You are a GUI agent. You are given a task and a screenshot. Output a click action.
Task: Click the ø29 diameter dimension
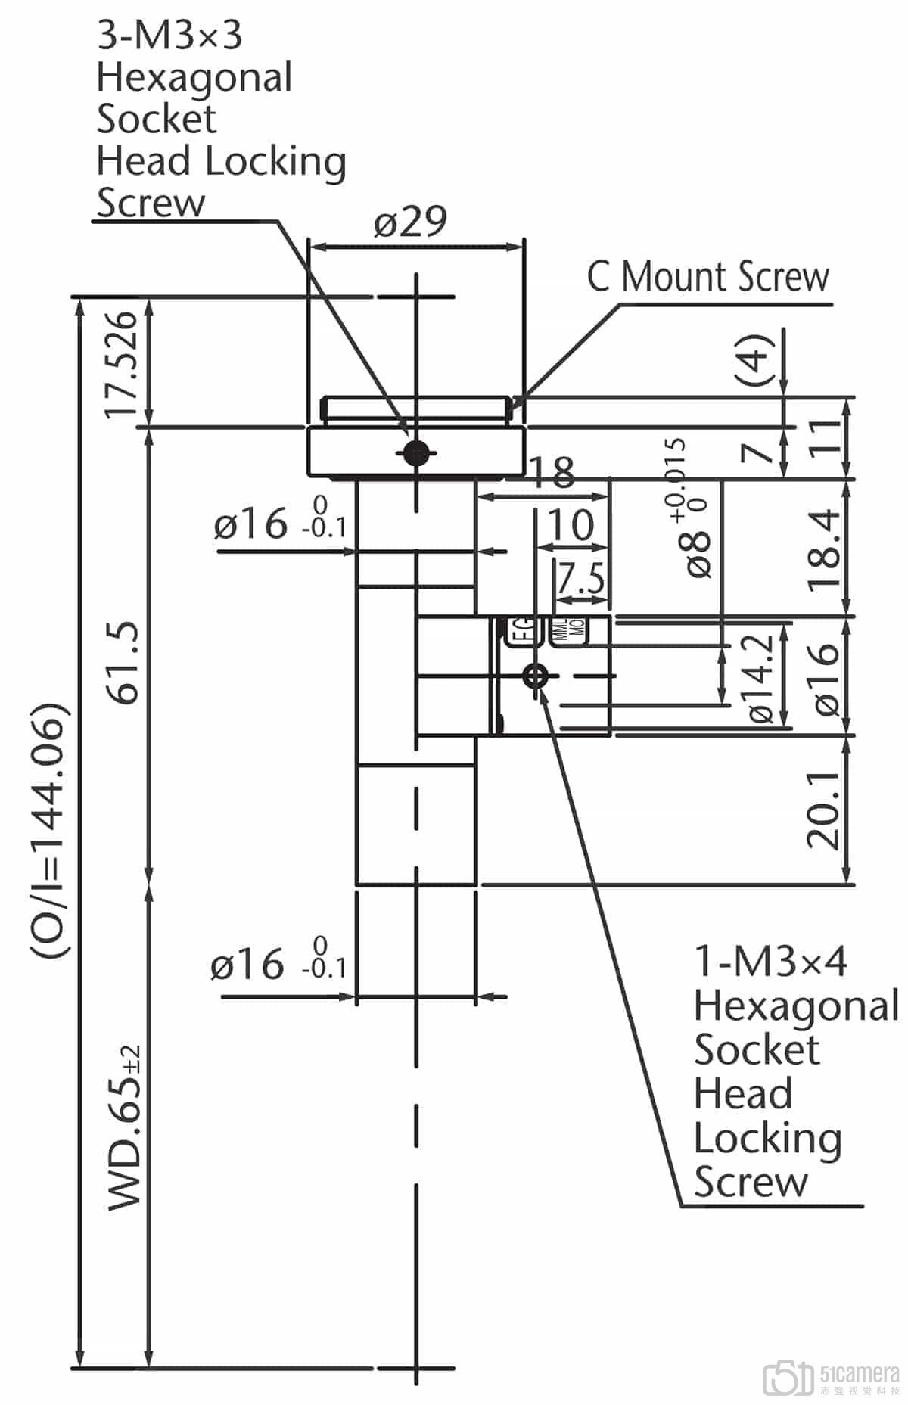click(411, 222)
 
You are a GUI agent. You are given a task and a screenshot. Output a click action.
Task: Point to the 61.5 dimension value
click(123, 663)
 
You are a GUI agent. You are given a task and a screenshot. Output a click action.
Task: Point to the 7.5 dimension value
click(581, 580)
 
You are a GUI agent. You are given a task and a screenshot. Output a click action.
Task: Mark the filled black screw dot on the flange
click(415, 454)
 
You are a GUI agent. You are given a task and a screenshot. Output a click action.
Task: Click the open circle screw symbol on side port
click(536, 675)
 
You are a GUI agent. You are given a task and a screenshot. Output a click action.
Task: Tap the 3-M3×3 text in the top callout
click(169, 35)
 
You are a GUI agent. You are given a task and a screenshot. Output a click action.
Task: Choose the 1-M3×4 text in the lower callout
click(770, 961)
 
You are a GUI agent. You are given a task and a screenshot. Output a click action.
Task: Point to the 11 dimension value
click(829, 437)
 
